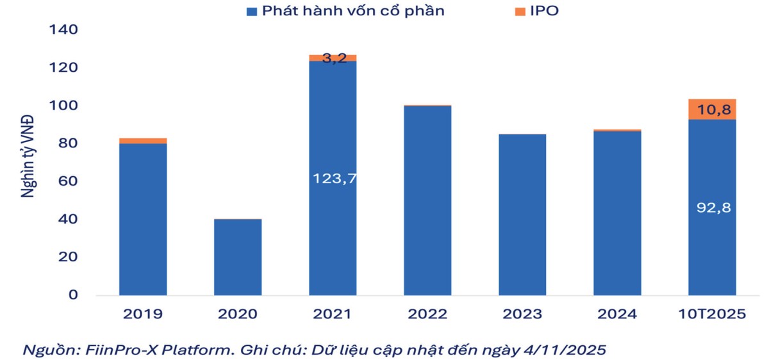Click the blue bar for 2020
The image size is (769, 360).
coord(238,257)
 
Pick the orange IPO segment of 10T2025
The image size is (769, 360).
coord(712,109)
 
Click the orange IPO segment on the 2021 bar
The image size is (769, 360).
coord(333,58)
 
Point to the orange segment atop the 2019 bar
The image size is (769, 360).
coord(143,140)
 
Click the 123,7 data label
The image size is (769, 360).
coord(334,179)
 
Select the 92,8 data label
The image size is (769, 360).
coord(712,208)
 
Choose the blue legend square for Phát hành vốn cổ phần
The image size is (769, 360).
coord(252,11)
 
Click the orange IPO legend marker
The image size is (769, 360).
coord(520,11)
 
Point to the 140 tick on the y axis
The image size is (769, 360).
coord(63,29)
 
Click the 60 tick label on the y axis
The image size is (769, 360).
coord(67,181)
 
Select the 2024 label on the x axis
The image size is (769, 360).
coord(617,315)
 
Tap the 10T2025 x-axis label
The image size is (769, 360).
coord(712,315)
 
